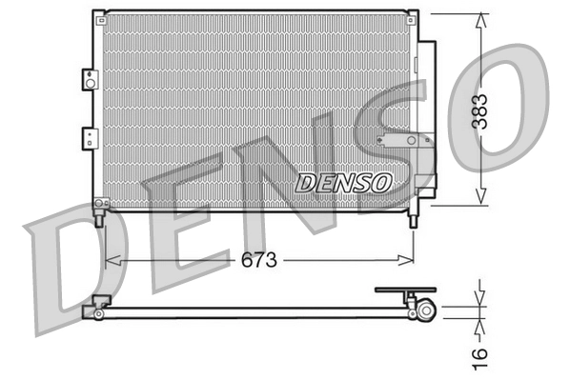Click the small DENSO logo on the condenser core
click(344, 181)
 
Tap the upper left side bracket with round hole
click(90, 80)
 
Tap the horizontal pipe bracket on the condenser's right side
click(404, 141)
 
